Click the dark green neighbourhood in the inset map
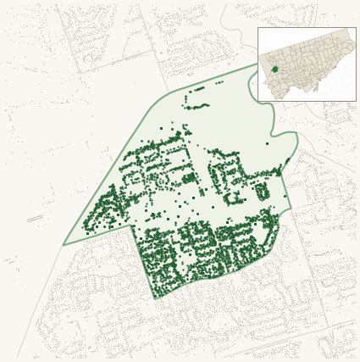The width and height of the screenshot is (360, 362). click(274, 69)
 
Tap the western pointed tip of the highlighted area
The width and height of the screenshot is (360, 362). click(64, 245)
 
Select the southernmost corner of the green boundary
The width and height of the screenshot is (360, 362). click(155, 298)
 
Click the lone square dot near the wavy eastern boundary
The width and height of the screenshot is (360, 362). click(267, 143)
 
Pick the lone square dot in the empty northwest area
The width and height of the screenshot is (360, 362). click(162, 128)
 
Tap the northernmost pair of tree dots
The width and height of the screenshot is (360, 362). click(219, 82)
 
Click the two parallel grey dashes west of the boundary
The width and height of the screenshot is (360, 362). click(35, 219)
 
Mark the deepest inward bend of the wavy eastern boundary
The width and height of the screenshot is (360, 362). click(272, 132)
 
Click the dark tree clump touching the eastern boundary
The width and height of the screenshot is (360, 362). click(287, 160)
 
